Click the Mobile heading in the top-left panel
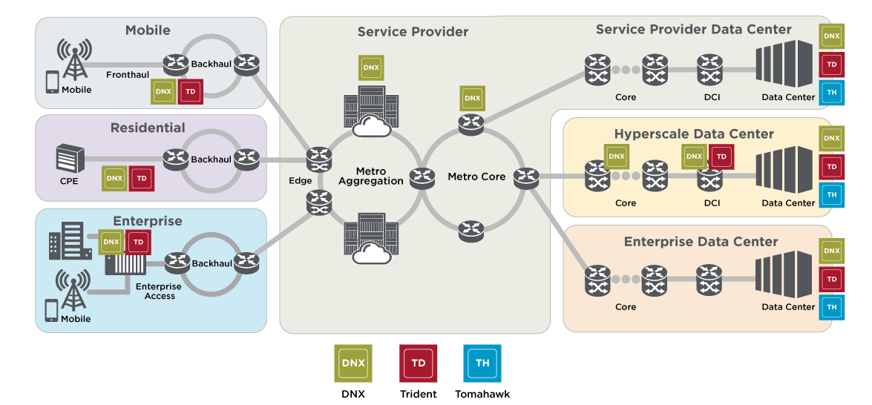[148, 30]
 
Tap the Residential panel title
[148, 128]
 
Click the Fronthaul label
[128, 75]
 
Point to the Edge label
[301, 180]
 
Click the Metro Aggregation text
[370, 177]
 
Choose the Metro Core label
[476, 177]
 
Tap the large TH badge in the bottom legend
[482, 363]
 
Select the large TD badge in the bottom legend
[418, 363]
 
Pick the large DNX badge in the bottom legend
[353, 363]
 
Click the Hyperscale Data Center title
[694, 134]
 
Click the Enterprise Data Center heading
[701, 242]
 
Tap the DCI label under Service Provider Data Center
[712, 97]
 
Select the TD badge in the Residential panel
[142, 179]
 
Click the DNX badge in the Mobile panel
[164, 92]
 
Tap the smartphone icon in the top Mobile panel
[52, 82]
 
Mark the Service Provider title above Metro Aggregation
[413, 32]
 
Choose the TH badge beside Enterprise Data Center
[831, 306]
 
